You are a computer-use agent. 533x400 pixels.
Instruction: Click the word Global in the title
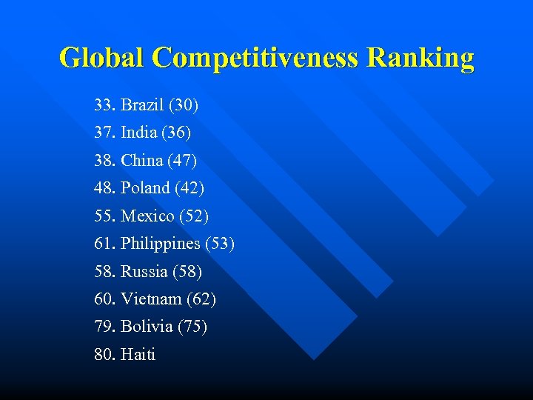tap(103, 58)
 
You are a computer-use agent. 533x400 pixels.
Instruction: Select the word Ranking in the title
tap(420, 58)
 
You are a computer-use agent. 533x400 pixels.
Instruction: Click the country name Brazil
tap(143, 105)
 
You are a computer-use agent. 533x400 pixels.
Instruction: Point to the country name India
tap(139, 133)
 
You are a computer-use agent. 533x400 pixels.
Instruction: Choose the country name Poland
tap(146, 188)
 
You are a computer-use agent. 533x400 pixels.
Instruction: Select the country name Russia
tap(144, 272)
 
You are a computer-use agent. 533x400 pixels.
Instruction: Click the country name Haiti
tap(138, 355)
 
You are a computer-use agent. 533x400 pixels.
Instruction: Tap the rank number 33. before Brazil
tap(105, 105)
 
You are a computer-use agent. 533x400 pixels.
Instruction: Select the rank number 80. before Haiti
tap(105, 355)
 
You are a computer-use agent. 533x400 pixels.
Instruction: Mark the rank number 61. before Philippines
tap(105, 244)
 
